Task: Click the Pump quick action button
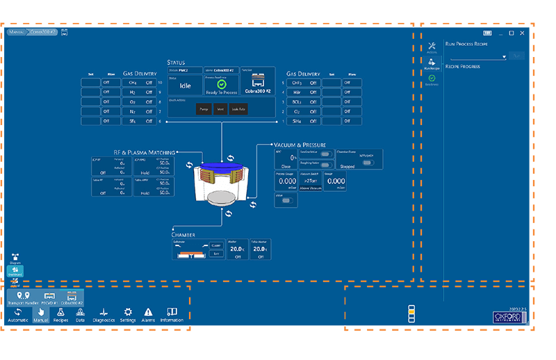pyautogui.click(x=200, y=109)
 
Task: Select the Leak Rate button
pyautogui.click(x=238, y=109)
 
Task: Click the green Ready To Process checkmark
pyautogui.click(x=222, y=84)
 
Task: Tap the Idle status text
pyautogui.click(x=185, y=86)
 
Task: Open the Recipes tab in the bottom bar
pyautogui.click(x=61, y=315)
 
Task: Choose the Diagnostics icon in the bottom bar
pyautogui.click(x=104, y=315)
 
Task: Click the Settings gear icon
pyautogui.click(x=128, y=315)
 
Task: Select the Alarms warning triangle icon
pyautogui.click(x=148, y=315)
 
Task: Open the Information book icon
pyautogui.click(x=172, y=315)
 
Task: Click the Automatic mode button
pyautogui.click(x=17, y=315)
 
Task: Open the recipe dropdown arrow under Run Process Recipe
pyautogui.click(x=503, y=56)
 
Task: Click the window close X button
pyautogui.click(x=522, y=33)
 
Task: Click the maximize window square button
pyautogui.click(x=512, y=33)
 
